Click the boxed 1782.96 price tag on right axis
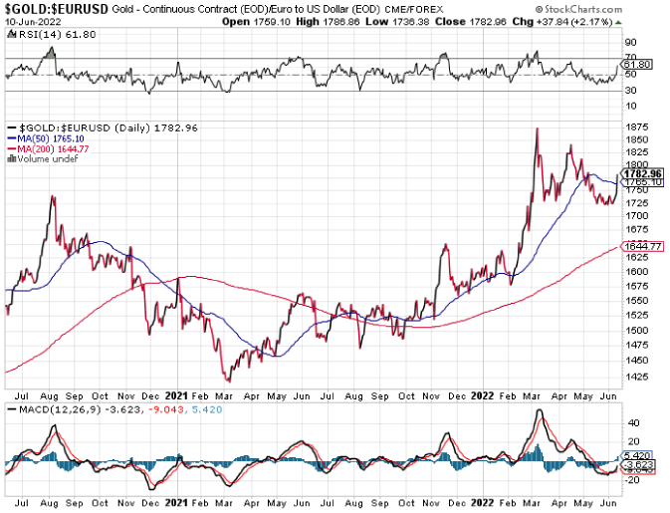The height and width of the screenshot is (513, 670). [x=643, y=173]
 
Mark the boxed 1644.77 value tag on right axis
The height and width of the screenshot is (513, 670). [x=642, y=246]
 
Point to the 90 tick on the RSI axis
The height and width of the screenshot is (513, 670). [x=629, y=43]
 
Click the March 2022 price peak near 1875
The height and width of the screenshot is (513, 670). [x=537, y=128]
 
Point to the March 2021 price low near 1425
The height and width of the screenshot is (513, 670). [x=228, y=381]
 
